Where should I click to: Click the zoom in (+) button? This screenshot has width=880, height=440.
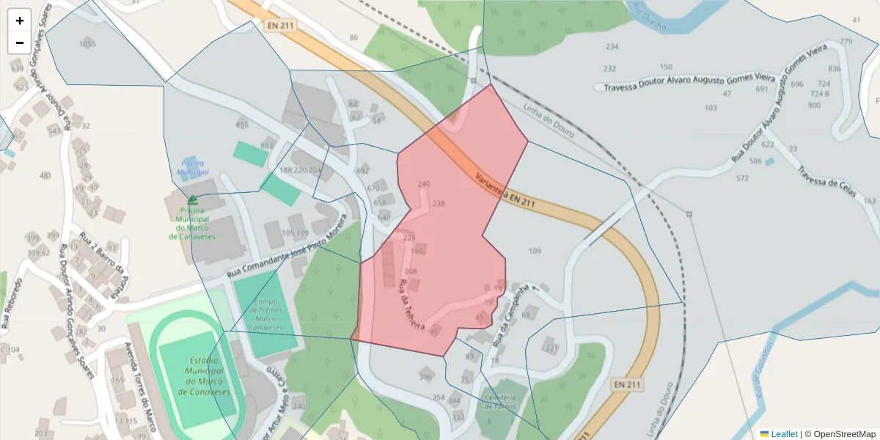click(20, 21)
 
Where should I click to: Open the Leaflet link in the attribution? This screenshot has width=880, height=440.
click(783, 434)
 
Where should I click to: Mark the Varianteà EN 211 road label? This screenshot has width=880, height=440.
click(505, 190)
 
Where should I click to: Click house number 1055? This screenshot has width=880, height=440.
click(87, 44)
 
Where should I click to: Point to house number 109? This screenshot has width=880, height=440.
click(535, 252)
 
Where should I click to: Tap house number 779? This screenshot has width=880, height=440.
click(846, 42)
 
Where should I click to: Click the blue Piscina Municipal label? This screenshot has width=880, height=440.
click(193, 167)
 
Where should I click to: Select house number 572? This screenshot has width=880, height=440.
click(742, 178)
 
